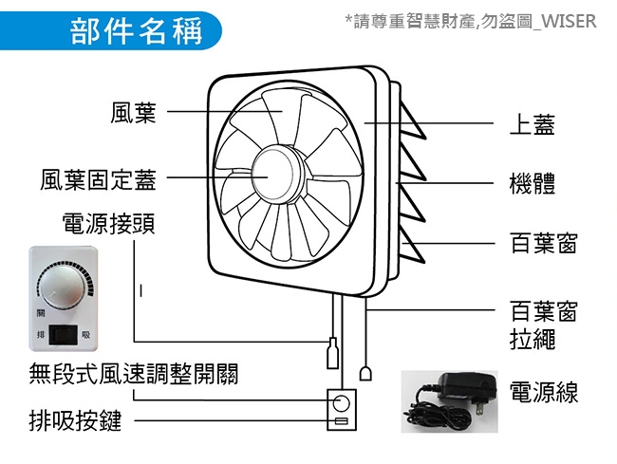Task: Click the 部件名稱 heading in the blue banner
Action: click(136, 31)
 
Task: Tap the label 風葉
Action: click(134, 113)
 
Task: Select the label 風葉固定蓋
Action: click(99, 180)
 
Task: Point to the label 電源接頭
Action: click(108, 223)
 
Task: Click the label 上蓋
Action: click(532, 124)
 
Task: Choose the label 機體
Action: click(532, 183)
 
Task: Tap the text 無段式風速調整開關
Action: click(134, 374)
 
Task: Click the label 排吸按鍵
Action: click(75, 420)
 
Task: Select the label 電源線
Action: click(544, 392)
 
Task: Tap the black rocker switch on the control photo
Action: click(63, 335)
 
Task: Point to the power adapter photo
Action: click(449, 401)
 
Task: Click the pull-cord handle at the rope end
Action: click(366, 374)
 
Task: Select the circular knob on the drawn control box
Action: click(341, 403)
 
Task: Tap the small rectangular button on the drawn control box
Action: click(341, 421)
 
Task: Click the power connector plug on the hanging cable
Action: click(333, 353)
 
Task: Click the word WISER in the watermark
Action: click(569, 21)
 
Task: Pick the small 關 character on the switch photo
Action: click(41, 313)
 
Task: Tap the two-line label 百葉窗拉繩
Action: click(544, 325)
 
